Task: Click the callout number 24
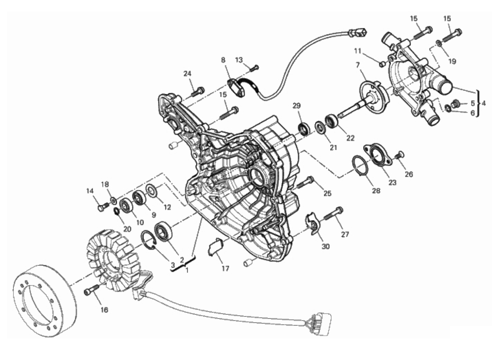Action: tap(188, 74)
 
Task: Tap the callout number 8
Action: tap(223, 60)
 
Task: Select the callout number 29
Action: tap(296, 106)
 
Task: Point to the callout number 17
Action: tap(225, 268)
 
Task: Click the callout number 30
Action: tap(326, 247)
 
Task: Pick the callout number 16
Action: tap(104, 310)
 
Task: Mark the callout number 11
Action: tap(358, 51)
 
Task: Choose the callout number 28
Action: tap(376, 191)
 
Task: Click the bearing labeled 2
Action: tap(163, 231)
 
